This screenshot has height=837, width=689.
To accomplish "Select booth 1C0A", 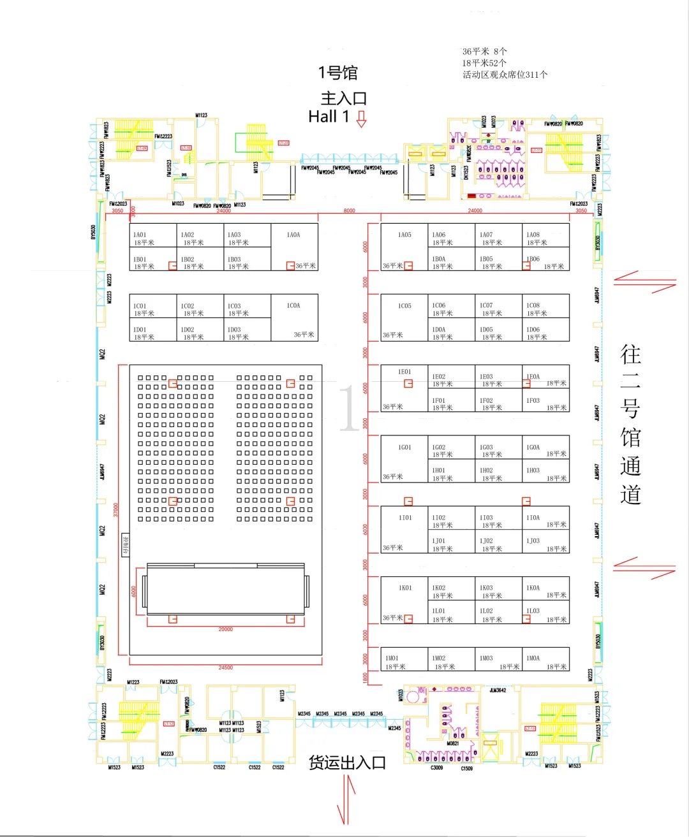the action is click(x=294, y=317).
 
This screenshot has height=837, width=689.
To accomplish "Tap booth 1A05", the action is click(x=404, y=247).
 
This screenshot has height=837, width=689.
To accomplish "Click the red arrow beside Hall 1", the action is click(x=361, y=119).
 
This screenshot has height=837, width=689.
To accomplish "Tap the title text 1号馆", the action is click(x=338, y=73).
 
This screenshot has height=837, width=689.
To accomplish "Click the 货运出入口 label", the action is click(x=347, y=762).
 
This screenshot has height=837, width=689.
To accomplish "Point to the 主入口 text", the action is click(x=343, y=98).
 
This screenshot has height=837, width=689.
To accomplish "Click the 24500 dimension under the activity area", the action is click(x=226, y=667).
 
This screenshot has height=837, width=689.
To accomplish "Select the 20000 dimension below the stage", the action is click(x=226, y=629).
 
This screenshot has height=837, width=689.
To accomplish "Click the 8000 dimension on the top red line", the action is click(x=349, y=210).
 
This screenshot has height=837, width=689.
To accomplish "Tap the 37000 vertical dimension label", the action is click(x=115, y=509).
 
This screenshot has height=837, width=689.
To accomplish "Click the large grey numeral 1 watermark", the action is click(x=348, y=409).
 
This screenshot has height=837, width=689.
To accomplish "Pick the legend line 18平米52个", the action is click(x=484, y=62).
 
